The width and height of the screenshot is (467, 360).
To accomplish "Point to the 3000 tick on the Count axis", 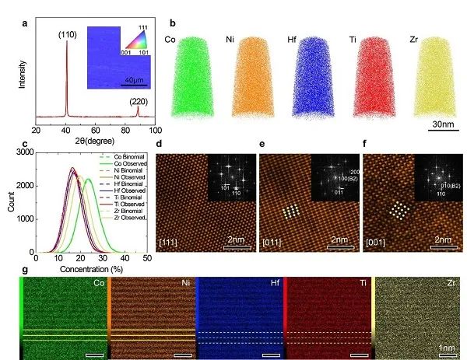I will [x=23, y=156].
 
